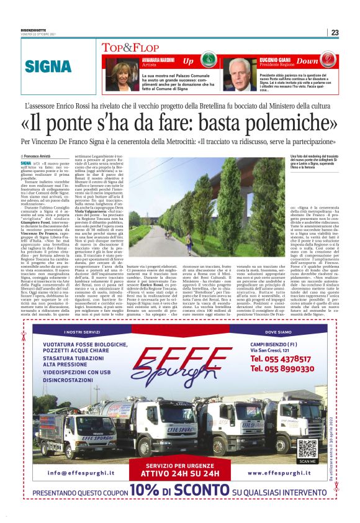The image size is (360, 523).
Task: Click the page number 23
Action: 335,33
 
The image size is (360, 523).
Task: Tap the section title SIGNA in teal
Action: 47,68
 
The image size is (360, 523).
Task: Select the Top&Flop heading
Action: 125,47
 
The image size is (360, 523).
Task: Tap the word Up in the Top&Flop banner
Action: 188,61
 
